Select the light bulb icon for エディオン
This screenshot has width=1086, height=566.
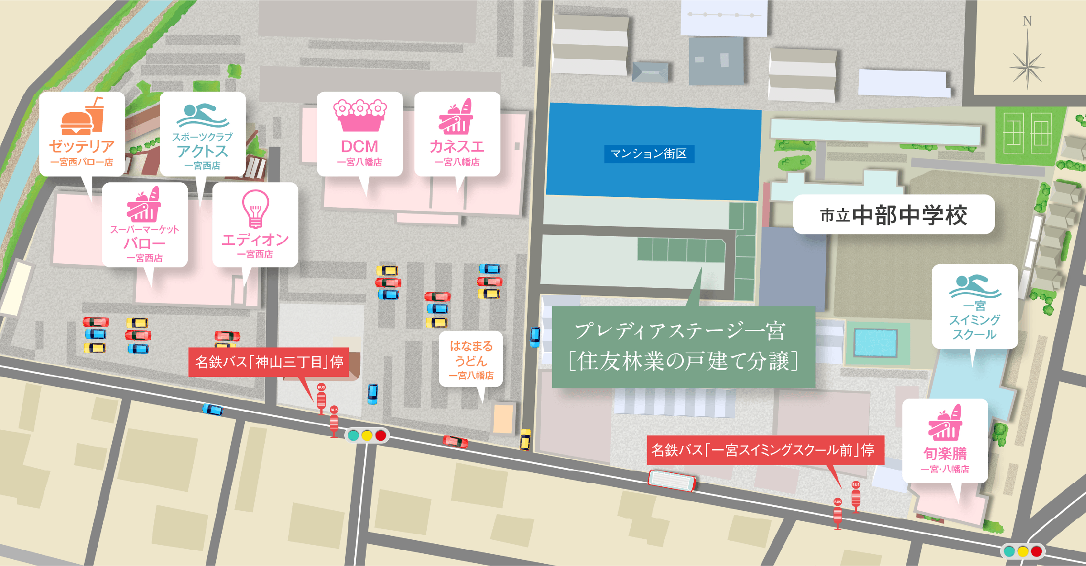tap(256, 208)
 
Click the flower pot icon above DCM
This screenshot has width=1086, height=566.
tap(360, 115)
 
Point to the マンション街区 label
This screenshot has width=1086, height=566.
tap(649, 154)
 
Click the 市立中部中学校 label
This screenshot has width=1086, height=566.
tap(894, 215)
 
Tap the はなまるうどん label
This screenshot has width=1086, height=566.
tap(471, 360)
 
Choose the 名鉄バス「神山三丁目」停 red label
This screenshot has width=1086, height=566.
tap(269, 362)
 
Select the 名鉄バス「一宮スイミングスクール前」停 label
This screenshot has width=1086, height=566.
tap(765, 450)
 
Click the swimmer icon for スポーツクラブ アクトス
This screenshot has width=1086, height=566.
tap(203, 116)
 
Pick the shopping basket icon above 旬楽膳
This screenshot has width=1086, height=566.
tap(945, 423)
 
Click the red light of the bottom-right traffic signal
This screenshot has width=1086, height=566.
tap(1036, 552)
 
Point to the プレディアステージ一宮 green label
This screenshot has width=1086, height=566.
tap(683, 347)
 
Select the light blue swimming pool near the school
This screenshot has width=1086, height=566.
tap(875, 343)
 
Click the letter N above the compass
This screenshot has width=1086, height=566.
tap(1027, 21)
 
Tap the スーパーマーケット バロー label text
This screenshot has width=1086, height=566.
tap(145, 243)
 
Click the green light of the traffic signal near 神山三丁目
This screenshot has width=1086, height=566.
tap(353, 435)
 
